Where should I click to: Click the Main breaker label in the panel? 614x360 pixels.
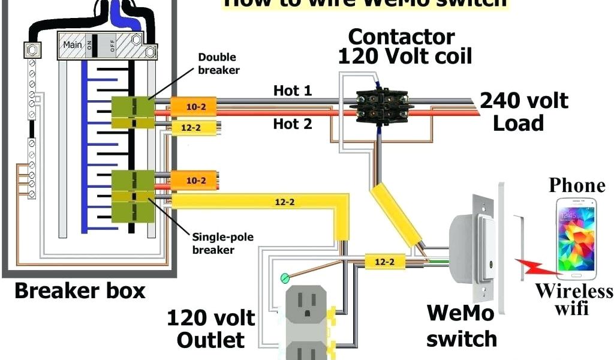coord(73,44)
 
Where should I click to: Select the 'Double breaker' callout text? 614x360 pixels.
coord(218,64)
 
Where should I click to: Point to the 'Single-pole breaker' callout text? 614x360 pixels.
coord(222,243)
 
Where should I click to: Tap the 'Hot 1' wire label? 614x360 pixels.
coord(293,91)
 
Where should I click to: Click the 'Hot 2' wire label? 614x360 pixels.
coord(293,124)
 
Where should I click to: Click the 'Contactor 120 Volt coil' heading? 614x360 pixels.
coord(405,46)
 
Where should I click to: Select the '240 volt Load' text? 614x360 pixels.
coord(523,111)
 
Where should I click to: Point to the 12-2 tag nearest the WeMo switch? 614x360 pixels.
coord(384,261)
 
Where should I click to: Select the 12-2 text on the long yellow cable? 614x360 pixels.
coord(285,202)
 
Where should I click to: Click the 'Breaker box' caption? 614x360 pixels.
coord(80,292)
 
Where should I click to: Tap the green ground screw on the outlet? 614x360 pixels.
coord(285,277)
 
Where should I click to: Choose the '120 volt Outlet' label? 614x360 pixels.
coord(210,329)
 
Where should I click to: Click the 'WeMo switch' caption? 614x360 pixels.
coord(462,325)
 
